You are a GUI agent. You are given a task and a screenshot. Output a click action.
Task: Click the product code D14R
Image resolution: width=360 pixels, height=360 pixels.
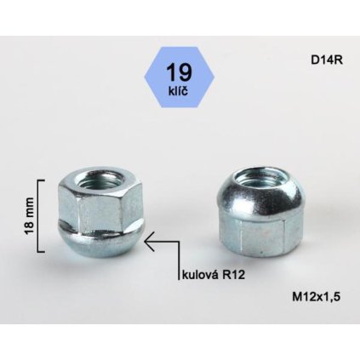pos(327,60)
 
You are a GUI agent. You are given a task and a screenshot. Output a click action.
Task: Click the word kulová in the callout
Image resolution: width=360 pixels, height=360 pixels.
pos(202,276)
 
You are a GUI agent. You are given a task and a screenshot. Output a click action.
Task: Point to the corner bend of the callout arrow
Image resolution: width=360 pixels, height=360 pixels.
pos(180,244)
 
